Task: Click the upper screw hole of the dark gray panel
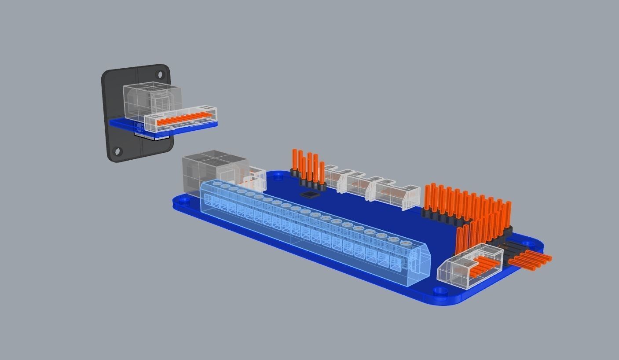(160, 74)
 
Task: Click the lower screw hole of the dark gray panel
(117, 152)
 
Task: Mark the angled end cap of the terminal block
(422, 262)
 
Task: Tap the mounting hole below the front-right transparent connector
(438, 291)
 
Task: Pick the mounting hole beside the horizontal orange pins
(527, 242)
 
